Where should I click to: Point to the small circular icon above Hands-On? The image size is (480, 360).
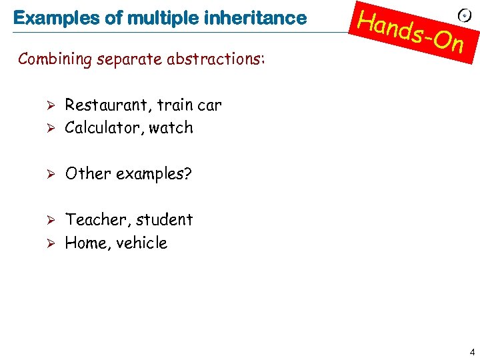tap(465, 15)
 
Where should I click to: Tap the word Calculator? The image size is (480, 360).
tap(102, 127)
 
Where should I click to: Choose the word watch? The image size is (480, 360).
tap(171, 127)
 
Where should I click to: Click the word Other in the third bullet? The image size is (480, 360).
tap(88, 173)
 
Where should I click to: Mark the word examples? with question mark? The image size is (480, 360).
tap(154, 174)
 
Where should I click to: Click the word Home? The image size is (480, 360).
tap(85, 243)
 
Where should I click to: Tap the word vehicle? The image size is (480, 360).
tap(141, 243)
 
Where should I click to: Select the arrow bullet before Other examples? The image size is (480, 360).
tap(47, 174)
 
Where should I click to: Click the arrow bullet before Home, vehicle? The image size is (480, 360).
tap(47, 243)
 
